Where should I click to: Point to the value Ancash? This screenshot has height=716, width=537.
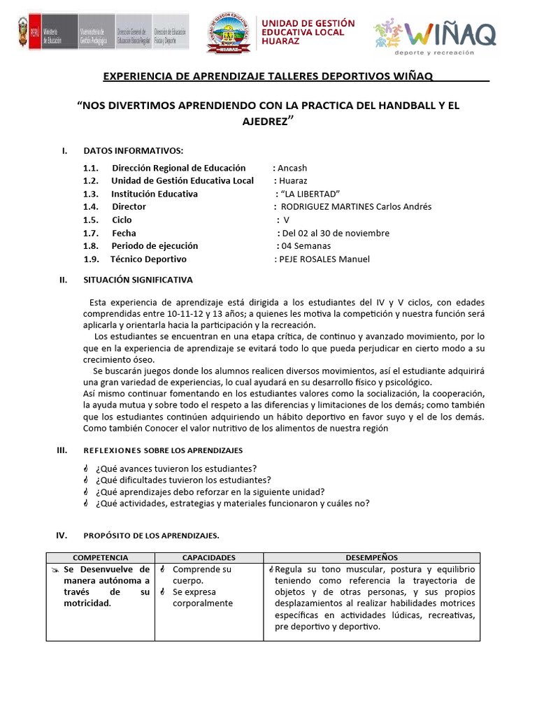coord(292,168)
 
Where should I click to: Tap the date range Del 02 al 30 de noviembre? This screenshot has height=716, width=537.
coord(335,233)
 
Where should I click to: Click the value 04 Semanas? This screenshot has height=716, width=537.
coord(306,245)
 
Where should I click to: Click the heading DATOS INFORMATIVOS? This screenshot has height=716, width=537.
coord(134,150)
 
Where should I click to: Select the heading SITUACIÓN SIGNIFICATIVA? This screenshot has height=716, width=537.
coord(138,280)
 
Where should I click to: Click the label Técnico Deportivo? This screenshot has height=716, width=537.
coord(148,259)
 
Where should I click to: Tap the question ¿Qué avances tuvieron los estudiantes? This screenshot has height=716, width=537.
coord(176,468)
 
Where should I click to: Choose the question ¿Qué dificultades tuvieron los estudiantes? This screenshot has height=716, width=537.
coord(183,480)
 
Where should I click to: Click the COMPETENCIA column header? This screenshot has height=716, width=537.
coord(100,557)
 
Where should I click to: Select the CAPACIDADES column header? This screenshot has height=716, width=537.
coord(208,557)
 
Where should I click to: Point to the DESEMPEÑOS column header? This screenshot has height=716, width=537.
coord(371,557)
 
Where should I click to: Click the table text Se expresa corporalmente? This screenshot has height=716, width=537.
coord(203,598)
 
